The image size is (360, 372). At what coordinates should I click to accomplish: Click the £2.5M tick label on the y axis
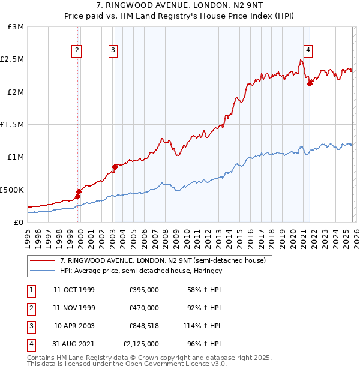point(12,59)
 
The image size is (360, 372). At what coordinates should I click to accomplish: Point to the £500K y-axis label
point(12,190)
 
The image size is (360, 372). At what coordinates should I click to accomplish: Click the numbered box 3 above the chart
point(113,51)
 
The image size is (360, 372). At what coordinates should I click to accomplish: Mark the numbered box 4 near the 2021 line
point(308,51)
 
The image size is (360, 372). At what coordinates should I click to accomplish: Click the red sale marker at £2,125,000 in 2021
point(310,83)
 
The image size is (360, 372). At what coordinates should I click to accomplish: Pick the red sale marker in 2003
point(115,167)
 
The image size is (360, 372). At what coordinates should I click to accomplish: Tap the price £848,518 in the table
point(143,326)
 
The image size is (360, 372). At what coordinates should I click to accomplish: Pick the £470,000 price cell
point(144,308)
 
